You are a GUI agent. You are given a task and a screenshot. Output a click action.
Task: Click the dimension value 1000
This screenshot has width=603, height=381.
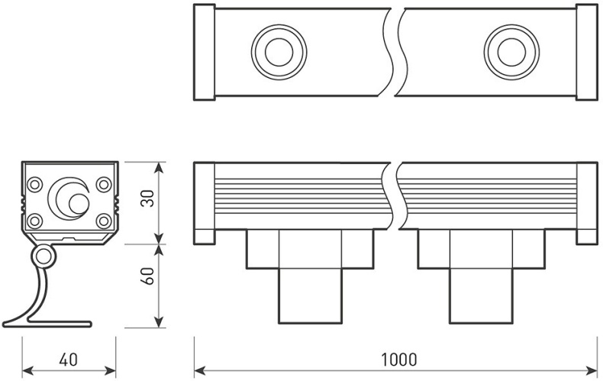coord(396,358)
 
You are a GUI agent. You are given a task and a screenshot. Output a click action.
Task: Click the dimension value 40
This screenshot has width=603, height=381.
coord(68,358)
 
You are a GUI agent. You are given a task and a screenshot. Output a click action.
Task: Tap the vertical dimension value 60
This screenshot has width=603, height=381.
coord(147,276)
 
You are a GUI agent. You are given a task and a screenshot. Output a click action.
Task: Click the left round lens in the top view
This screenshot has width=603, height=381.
coord(279,52)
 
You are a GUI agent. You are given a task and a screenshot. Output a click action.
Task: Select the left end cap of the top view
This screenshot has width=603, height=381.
coord(204,52)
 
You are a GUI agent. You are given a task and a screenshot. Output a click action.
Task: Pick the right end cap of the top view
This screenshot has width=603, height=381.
coord(586,52)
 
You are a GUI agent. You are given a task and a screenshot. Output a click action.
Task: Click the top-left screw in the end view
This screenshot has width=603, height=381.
coord(34,184)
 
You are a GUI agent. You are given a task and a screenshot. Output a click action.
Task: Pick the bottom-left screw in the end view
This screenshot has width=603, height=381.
coord(34,221)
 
